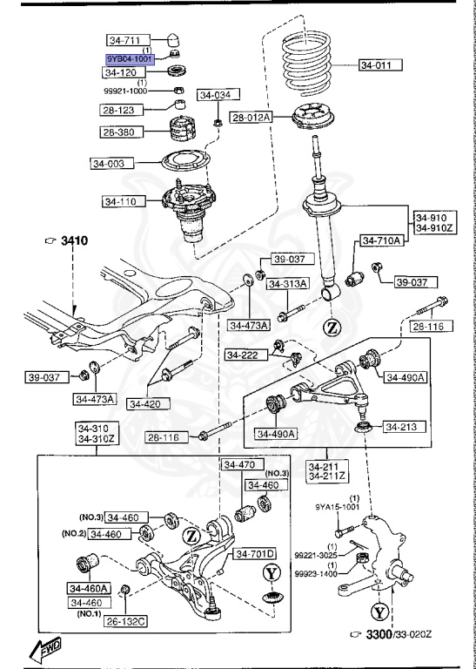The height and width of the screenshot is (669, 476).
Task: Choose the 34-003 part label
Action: pyautogui.click(x=111, y=163)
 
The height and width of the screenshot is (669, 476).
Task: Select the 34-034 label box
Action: pyautogui.click(x=216, y=95)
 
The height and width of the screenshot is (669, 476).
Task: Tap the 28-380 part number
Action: pyautogui.click(x=123, y=132)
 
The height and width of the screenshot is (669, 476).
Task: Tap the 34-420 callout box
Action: pyautogui.click(x=149, y=403)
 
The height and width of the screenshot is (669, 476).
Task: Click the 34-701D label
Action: pyautogui.click(x=253, y=554)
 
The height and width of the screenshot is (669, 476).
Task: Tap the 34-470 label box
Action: pyautogui.click(x=240, y=465)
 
